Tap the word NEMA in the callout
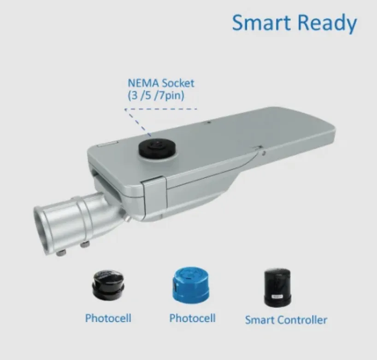pos(142,83)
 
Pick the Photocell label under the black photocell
pos(108,318)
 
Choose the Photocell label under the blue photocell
pos(192,318)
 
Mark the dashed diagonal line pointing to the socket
pos(140,122)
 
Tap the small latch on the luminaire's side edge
pos(259,148)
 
